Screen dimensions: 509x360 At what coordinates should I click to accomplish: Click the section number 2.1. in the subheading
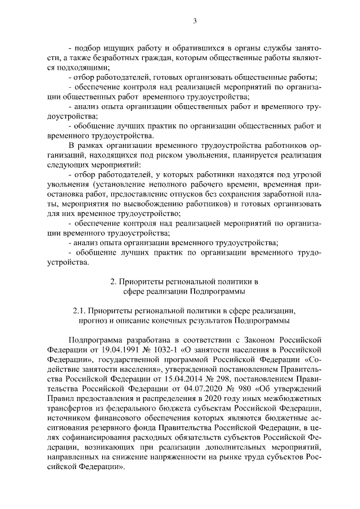[80, 310]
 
